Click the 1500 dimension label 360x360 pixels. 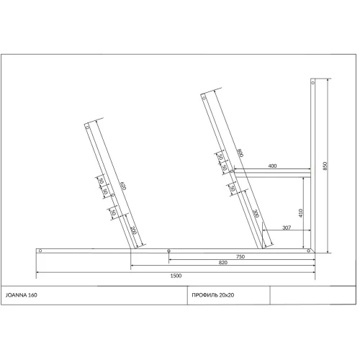[176, 276]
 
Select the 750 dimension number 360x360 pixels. [240, 257]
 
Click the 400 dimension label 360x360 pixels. [271, 166]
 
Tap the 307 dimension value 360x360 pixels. [287, 228]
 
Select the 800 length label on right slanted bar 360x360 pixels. [238, 153]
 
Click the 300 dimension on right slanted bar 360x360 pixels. [256, 214]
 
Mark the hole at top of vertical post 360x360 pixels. [313, 83]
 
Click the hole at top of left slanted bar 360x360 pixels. [87, 125]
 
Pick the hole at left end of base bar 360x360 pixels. [40, 251]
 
